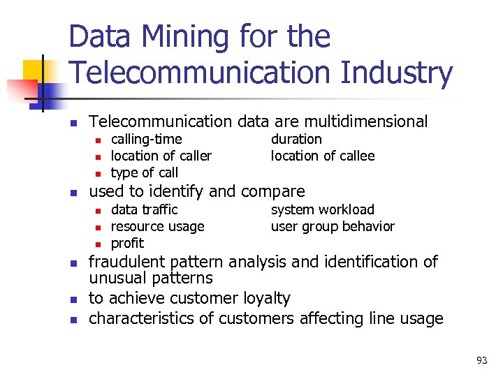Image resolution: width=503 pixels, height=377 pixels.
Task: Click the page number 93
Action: click(x=481, y=360)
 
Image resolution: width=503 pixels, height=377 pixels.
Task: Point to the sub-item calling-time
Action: click(x=147, y=139)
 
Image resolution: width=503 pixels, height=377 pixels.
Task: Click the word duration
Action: click(x=296, y=139)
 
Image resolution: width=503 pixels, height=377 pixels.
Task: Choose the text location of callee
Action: click(x=323, y=156)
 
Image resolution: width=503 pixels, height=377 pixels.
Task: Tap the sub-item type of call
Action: click(x=145, y=172)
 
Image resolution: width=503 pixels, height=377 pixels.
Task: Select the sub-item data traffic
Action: click(x=145, y=209)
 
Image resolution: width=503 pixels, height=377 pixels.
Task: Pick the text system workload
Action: click(x=323, y=209)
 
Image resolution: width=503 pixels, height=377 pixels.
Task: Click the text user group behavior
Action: click(x=333, y=226)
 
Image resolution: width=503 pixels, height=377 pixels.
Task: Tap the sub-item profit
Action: click(x=127, y=243)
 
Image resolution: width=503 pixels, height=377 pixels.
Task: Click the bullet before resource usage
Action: click(x=99, y=227)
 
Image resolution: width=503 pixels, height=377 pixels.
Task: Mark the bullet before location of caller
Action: click(x=99, y=156)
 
